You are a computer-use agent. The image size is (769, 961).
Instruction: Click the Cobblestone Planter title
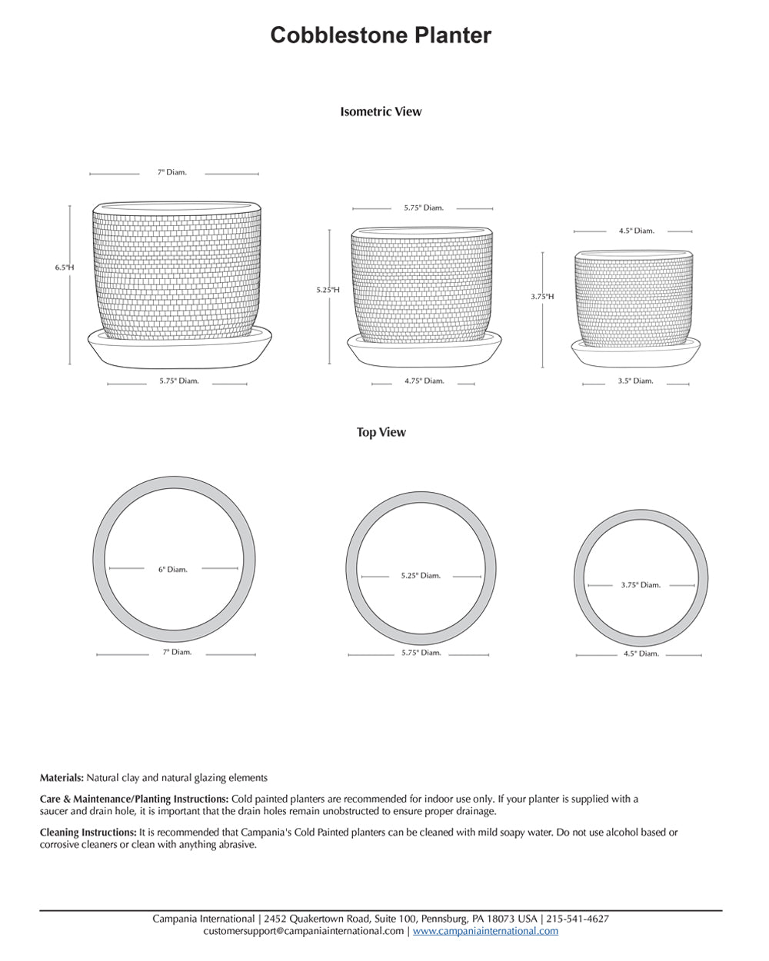[x=381, y=35]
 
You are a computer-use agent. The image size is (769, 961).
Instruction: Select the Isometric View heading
[x=381, y=111]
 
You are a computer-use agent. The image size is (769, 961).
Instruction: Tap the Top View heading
[x=381, y=432]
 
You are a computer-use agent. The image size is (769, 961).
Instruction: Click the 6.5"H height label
[x=65, y=268]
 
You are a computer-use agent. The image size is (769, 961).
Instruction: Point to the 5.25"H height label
[x=328, y=290]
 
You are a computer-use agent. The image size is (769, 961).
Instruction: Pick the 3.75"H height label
[x=542, y=296]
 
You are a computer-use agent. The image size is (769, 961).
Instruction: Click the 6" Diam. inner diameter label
[x=173, y=570]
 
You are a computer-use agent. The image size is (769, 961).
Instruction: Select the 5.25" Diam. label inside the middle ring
[x=420, y=576]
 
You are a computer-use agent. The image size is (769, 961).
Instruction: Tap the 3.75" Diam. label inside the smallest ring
[x=641, y=585]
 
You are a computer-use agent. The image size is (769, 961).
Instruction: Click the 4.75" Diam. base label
[x=424, y=381]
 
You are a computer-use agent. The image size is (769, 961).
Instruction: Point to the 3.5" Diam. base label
[x=635, y=381]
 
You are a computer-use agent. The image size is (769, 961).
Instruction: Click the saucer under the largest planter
[x=181, y=351]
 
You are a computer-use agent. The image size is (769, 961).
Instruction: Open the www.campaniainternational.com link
[x=485, y=931]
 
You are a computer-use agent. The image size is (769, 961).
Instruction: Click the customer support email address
[x=303, y=931]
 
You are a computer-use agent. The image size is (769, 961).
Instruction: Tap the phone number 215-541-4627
[x=578, y=919]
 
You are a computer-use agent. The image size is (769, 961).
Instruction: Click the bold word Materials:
[x=62, y=778]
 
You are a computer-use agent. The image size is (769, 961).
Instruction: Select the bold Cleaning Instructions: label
[x=88, y=833]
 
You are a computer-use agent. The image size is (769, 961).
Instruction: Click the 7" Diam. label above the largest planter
[x=171, y=173]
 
